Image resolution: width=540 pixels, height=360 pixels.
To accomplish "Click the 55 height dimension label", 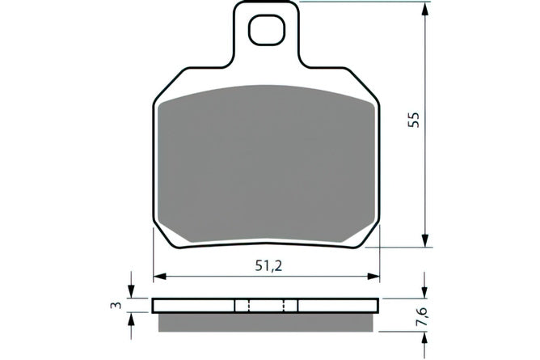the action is coord(414,120).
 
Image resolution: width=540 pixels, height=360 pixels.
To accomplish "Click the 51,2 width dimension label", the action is coord(268,265).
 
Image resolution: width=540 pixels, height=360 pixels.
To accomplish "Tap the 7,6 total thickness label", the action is coord(423,316).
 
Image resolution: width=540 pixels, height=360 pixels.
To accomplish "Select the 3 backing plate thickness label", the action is coord(117,305).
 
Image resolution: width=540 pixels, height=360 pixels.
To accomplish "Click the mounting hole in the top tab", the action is coord(267,30).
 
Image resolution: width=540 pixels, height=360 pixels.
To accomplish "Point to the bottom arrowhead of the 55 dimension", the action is coord(426,240).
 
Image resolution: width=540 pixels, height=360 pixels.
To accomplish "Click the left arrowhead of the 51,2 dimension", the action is coord(160,277).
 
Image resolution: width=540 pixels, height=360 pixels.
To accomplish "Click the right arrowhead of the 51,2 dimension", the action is coord(373,277).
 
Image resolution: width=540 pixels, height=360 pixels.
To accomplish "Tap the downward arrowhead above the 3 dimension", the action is coord(131,291).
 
